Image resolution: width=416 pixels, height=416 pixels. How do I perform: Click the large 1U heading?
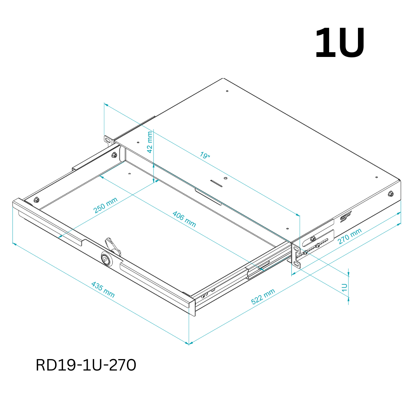pyautogui.click(x=340, y=42)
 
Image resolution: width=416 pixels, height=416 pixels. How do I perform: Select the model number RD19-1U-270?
pyautogui.click(x=86, y=365)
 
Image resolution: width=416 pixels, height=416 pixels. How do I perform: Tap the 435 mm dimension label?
pyautogui.click(x=103, y=290)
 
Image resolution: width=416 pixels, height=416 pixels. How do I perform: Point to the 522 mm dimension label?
pyautogui.click(x=263, y=296)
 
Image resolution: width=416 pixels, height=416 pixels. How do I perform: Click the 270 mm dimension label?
pyautogui.click(x=349, y=236)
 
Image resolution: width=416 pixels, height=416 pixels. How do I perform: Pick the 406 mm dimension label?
pyautogui.click(x=184, y=219)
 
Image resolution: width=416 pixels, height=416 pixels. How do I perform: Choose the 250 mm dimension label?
pyautogui.click(x=105, y=205)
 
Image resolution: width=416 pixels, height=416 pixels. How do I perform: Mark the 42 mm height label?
pyautogui.click(x=150, y=142)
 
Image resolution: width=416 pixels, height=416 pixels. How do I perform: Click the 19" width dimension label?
pyautogui.click(x=205, y=155)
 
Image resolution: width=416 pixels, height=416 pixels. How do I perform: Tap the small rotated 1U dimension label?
pyautogui.click(x=344, y=288)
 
